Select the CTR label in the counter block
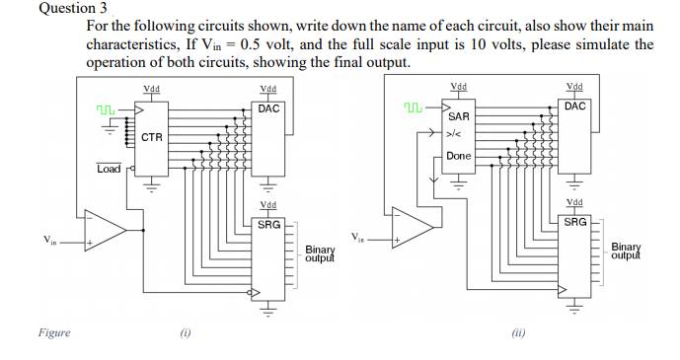pos(151,137)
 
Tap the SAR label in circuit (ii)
pos(458,116)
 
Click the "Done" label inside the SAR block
pos(458,156)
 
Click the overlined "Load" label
pos(109,169)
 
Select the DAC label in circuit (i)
pos(268,108)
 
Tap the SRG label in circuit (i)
pos(268,224)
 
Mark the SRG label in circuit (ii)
pos(575,222)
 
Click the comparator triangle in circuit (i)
pos(105,230)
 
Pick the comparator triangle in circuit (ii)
pos(413,227)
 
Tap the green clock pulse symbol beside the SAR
pos(414,106)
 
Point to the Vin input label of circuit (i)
pos(50,240)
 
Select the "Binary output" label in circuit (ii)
pos(626,252)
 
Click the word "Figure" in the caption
pos(54,333)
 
